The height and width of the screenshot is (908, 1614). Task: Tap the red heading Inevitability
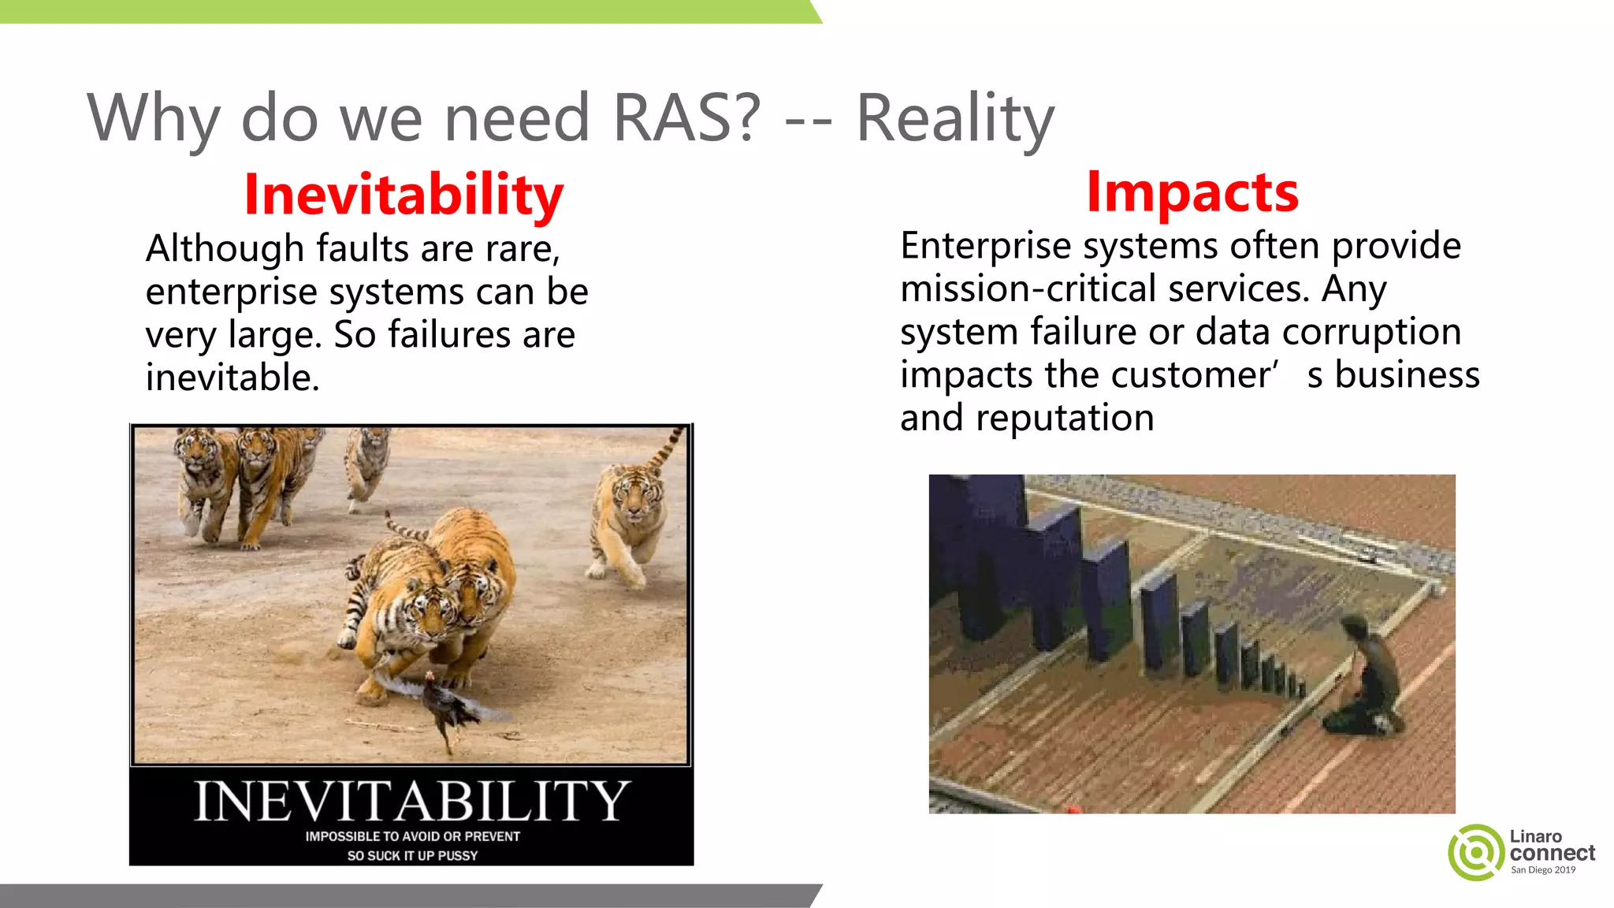point(403,194)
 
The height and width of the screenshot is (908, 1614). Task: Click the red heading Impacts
point(1192,192)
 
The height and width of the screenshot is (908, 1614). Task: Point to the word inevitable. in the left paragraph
point(232,378)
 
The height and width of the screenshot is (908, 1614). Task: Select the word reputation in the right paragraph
point(1065,418)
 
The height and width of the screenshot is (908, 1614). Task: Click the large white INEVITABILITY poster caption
point(411,801)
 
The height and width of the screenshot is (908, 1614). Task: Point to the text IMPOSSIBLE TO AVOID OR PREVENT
point(412,836)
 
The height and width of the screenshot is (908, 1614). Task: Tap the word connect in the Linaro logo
point(1552,853)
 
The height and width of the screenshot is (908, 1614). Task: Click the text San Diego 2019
point(1542,870)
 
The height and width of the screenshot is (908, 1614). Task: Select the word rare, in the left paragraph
point(523,249)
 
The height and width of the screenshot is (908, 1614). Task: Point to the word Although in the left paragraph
point(225,249)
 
